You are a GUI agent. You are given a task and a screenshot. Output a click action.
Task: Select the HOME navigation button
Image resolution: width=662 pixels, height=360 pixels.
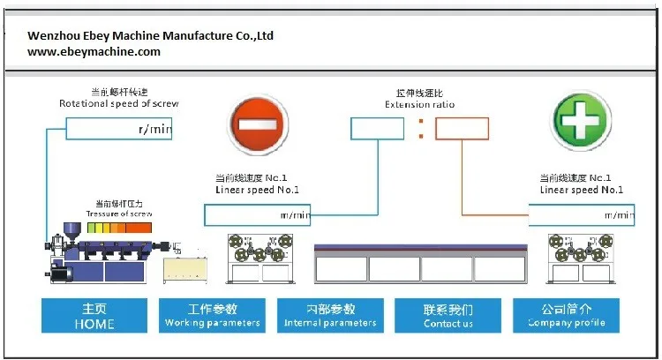(x=94, y=315)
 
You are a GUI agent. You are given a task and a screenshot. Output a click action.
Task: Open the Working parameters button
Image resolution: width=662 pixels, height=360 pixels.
(x=213, y=315)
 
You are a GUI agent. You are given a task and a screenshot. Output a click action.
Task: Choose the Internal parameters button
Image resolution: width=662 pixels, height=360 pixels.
(x=330, y=315)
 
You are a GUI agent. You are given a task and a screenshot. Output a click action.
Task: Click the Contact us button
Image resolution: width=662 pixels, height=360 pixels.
(x=448, y=315)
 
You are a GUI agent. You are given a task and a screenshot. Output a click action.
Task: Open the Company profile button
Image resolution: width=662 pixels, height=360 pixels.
(x=566, y=315)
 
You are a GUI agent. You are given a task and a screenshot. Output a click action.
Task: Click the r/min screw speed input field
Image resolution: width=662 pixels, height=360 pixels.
(x=119, y=130)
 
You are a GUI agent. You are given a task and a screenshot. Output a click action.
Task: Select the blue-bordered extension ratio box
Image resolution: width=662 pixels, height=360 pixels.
(x=377, y=129)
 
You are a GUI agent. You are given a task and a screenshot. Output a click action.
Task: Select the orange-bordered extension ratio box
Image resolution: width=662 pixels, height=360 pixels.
(x=461, y=129)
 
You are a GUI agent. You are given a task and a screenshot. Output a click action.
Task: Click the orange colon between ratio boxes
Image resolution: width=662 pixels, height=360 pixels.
(x=420, y=130)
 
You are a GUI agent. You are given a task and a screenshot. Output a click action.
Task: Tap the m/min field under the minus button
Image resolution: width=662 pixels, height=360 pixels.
(x=257, y=214)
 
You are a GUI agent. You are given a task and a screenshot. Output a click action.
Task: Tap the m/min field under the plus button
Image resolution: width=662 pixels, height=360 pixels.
(x=581, y=214)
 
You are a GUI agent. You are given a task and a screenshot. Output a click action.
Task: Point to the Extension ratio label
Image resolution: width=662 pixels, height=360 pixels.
(x=419, y=104)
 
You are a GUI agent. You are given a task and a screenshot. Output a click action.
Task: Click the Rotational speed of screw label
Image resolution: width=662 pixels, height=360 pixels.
(x=118, y=103)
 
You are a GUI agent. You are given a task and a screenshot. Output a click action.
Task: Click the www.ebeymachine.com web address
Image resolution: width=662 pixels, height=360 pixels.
(x=94, y=52)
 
